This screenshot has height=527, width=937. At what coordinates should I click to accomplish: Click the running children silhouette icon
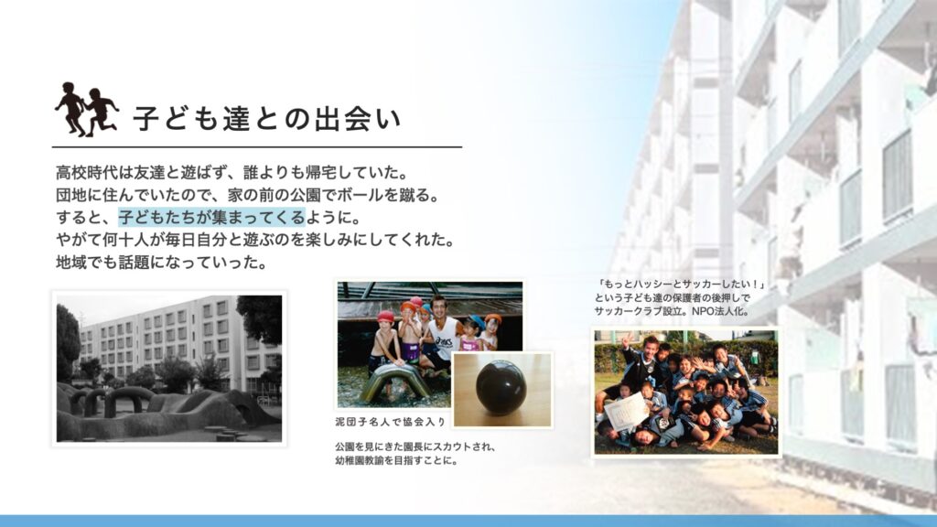pos(87,110)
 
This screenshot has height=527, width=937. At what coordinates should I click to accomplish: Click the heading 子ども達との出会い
pos(267,119)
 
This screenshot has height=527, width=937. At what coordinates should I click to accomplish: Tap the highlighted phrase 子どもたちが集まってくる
pos(211,217)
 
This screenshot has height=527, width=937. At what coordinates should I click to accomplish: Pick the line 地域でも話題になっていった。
pos(162,263)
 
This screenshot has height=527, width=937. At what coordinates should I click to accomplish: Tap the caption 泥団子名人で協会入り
pos(391,422)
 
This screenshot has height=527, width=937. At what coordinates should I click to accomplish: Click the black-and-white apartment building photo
pos(169,368)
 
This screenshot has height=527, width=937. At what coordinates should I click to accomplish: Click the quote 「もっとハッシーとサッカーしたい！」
pos(681,285)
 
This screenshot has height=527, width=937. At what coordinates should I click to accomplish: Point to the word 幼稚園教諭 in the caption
pos(360,461)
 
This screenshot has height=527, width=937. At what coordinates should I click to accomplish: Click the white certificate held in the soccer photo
pos(625,411)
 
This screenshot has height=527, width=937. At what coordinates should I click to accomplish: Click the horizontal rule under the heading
pos(257,146)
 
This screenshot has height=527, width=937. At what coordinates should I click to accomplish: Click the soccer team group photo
pos(686,392)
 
